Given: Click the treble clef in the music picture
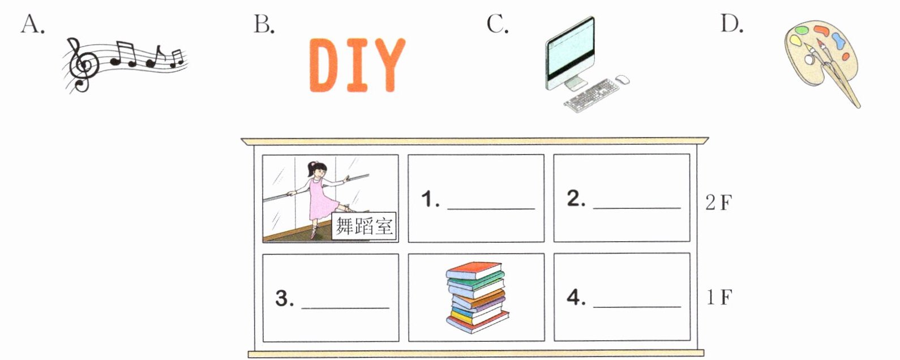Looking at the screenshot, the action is point(83,65).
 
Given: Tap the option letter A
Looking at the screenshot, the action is point(32,24).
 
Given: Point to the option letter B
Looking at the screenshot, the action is point(264,24).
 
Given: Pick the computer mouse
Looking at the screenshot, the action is point(623,80).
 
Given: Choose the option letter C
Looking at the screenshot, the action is point(498,24).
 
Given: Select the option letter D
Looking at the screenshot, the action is point(732,24).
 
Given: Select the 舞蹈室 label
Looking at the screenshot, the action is point(364,226).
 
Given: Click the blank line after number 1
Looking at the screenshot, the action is point(491,209).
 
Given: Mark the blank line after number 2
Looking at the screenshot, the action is point(637,208).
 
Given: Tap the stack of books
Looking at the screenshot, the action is point(477,297).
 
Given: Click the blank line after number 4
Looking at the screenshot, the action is point(637,307).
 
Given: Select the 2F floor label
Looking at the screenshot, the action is point(719,203).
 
